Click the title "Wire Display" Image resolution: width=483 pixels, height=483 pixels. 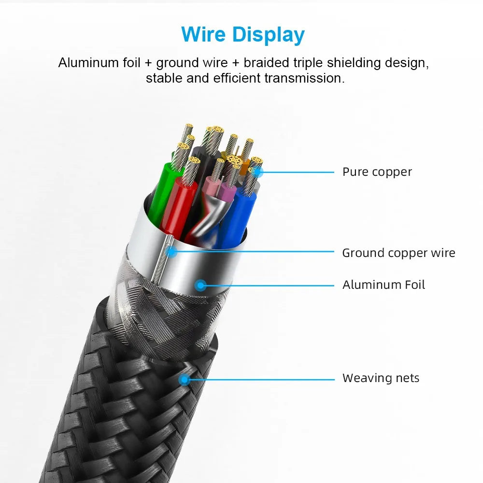[243, 35]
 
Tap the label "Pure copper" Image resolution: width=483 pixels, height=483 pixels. [377, 172]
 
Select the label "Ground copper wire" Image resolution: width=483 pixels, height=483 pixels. [398, 253]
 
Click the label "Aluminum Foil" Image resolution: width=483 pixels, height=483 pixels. [384, 285]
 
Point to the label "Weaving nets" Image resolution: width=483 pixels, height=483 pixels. [381, 378]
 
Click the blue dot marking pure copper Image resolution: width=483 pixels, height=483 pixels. [257, 172]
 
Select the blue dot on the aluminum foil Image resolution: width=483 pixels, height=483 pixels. [200, 285]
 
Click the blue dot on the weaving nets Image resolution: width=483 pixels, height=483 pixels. [184, 380]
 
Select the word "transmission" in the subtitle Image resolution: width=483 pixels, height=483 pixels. [304, 78]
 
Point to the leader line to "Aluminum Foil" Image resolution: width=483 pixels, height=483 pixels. [268, 285]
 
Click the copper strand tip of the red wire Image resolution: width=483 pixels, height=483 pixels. [194, 160]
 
